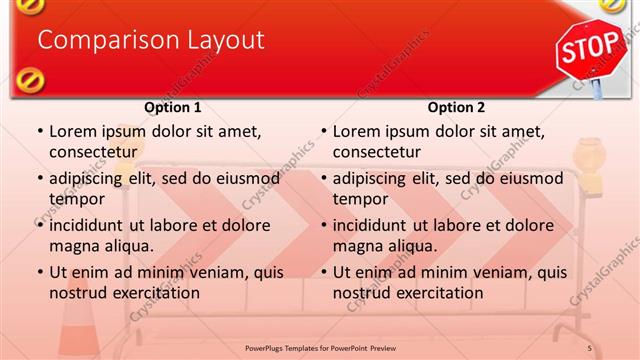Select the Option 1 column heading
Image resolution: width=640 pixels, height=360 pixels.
pos(173,107)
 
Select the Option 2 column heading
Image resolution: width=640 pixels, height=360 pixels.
pos(456,107)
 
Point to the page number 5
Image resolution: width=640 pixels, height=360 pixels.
pos(590,347)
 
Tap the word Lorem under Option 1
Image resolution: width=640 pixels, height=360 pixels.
pos(72,131)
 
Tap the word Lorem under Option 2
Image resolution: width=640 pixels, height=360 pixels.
pos(356,131)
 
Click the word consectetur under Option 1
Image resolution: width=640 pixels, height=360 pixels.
pos(93,152)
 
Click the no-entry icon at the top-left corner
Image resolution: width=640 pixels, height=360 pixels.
pos(29,5)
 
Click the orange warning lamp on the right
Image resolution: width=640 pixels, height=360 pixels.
pos(590,166)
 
